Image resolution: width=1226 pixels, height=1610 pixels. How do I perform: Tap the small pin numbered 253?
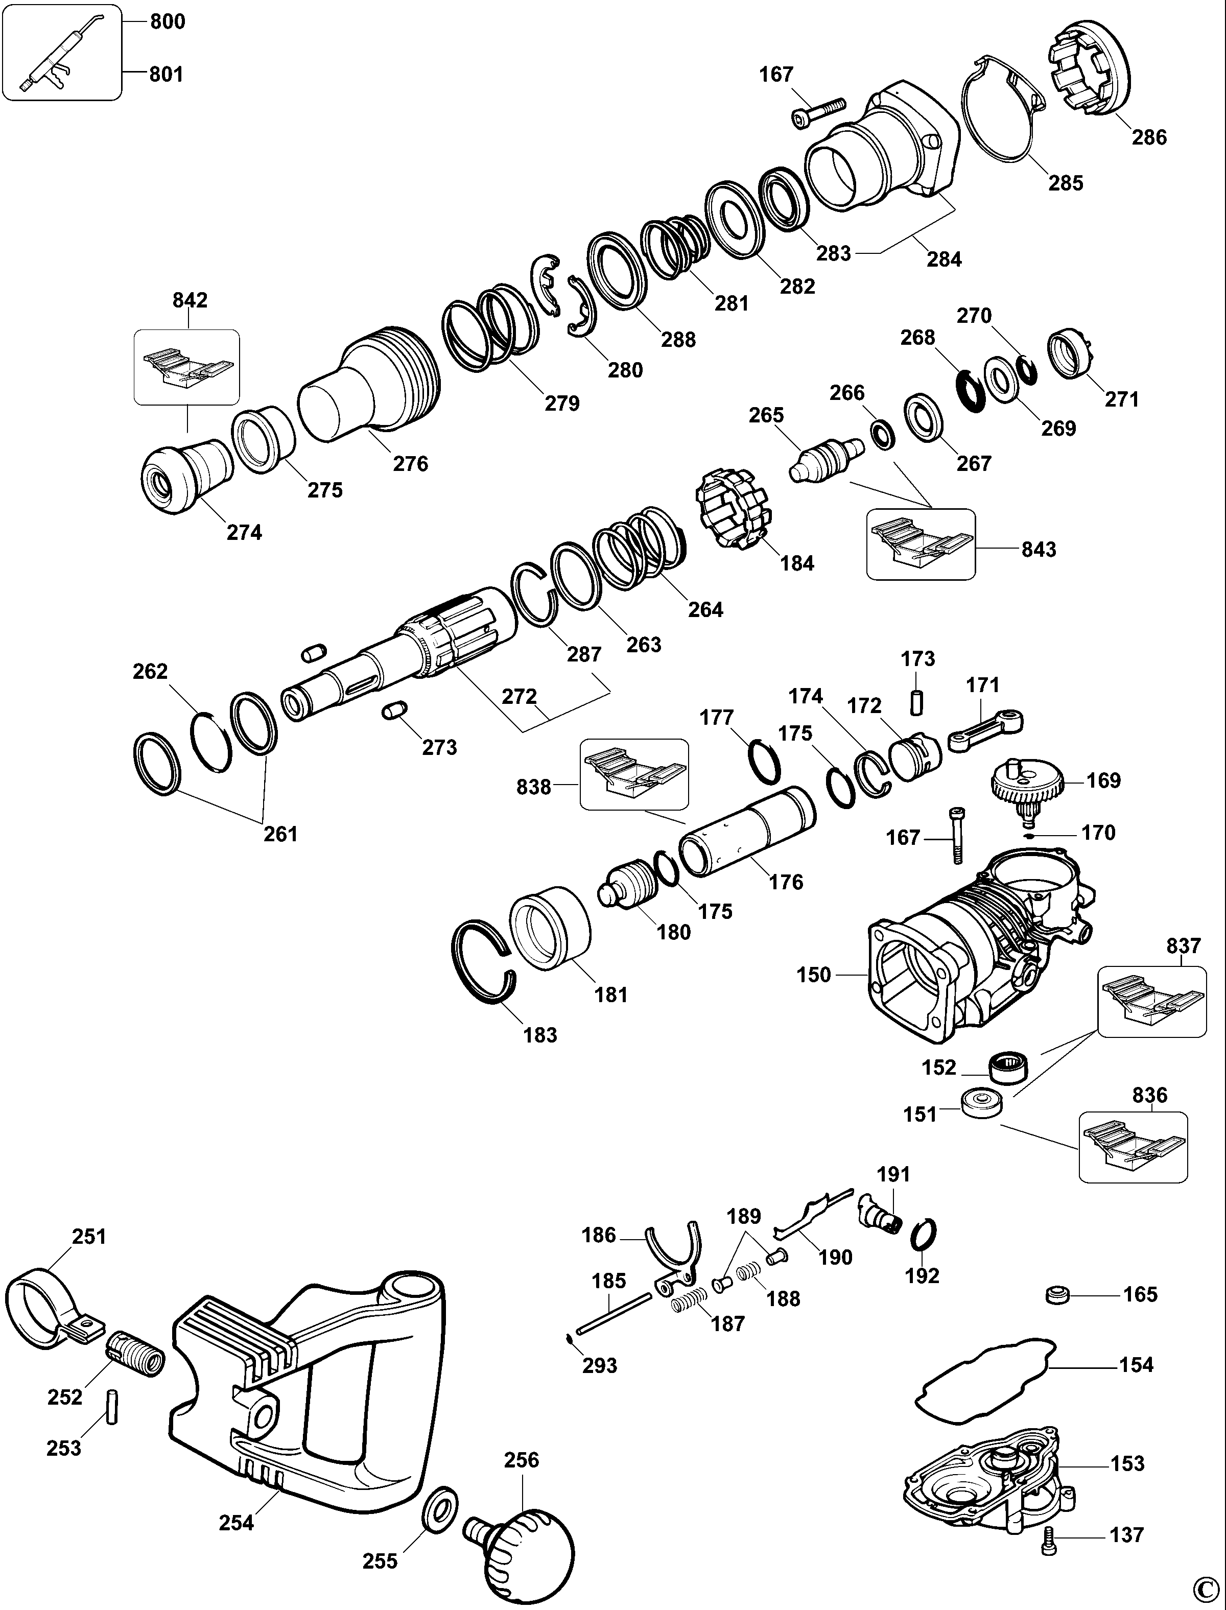(112, 1405)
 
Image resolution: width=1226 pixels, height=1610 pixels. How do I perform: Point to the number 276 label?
(410, 463)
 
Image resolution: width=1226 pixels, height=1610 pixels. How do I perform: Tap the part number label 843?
(1039, 549)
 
